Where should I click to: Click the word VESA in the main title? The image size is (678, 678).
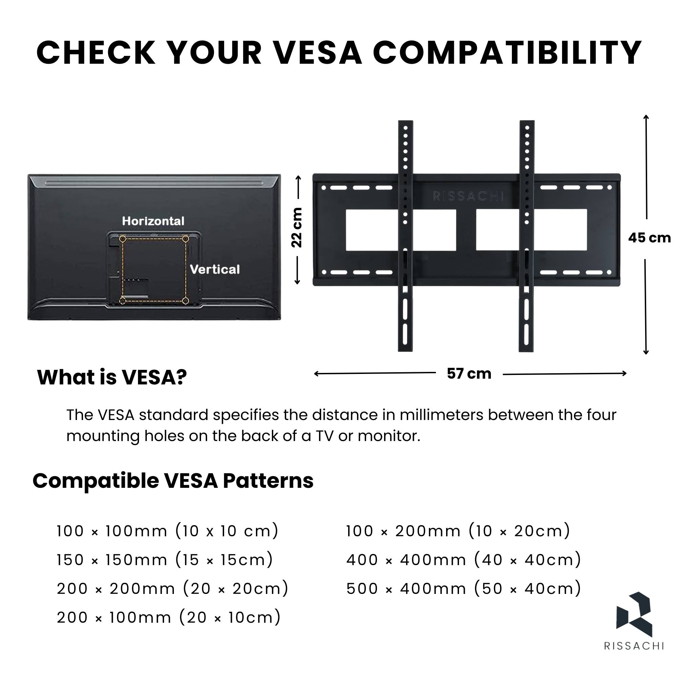pyautogui.click(x=318, y=53)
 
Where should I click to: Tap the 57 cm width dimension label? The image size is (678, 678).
pyautogui.click(x=469, y=373)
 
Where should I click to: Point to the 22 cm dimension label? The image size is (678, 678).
pyautogui.click(x=297, y=227)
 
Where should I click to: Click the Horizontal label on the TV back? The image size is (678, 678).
pyautogui.click(x=153, y=221)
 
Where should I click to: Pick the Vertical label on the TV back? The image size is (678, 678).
pyautogui.click(x=215, y=269)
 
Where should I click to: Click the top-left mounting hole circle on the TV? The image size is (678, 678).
pyautogui.click(x=122, y=239)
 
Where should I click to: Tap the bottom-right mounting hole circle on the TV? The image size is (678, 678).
pyautogui.click(x=186, y=300)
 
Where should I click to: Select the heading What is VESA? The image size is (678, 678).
pyautogui.click(x=112, y=377)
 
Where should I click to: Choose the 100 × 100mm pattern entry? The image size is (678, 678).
pyautogui.click(x=168, y=531)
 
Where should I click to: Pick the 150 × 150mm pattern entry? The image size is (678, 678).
pyautogui.click(x=165, y=559)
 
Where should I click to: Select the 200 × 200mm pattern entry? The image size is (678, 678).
pyautogui.click(x=173, y=588)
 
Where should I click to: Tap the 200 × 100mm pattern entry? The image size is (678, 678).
pyautogui.click(x=169, y=617)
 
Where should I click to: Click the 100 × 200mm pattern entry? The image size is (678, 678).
pyautogui.click(x=458, y=531)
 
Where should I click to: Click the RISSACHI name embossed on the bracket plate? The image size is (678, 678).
pyautogui.click(x=468, y=196)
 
